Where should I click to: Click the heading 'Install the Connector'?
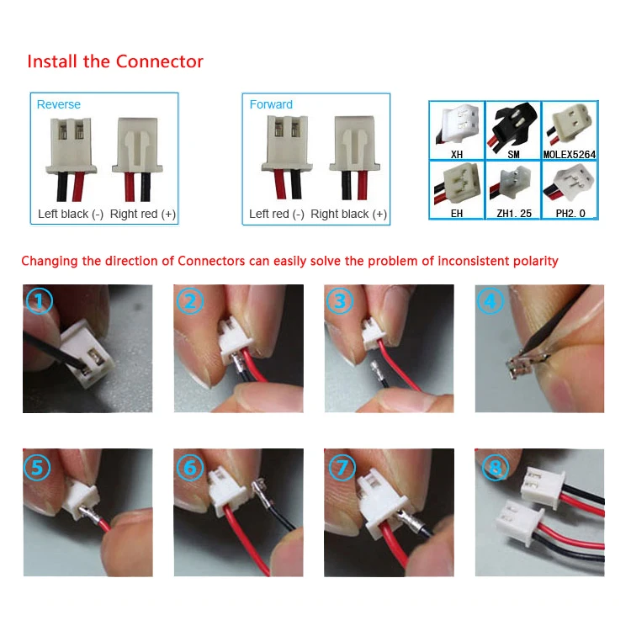tap(115, 61)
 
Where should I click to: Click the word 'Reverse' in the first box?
tap(59, 104)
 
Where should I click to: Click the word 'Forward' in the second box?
tap(271, 104)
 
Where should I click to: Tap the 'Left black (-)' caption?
tap(71, 214)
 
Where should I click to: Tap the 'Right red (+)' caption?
tap(143, 214)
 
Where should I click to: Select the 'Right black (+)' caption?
tap(349, 214)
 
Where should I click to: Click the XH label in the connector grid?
tap(457, 155)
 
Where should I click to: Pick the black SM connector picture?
tap(512, 125)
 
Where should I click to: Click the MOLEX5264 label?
tap(569, 155)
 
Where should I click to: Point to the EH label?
tap(457, 214)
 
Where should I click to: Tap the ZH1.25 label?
tap(512, 214)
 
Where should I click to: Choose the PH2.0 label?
tap(569, 214)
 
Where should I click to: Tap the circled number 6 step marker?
tap(191, 468)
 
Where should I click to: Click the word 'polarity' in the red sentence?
tap(531, 261)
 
